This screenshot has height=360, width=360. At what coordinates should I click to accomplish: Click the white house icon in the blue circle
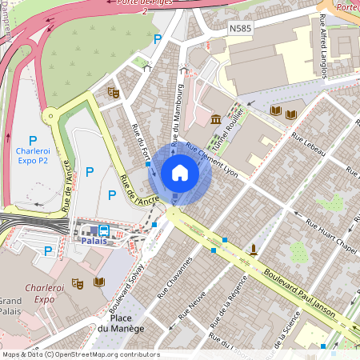pos(180,173)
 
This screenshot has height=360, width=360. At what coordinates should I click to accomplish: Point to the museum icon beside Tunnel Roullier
pos(217,120)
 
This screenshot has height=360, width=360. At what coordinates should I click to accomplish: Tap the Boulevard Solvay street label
pos(126,284)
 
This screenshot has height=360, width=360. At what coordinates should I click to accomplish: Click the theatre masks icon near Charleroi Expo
pos(78,282)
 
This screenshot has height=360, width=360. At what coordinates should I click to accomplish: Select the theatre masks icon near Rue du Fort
pos(114,93)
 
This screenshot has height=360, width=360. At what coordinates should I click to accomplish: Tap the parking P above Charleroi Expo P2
pos(33,139)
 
